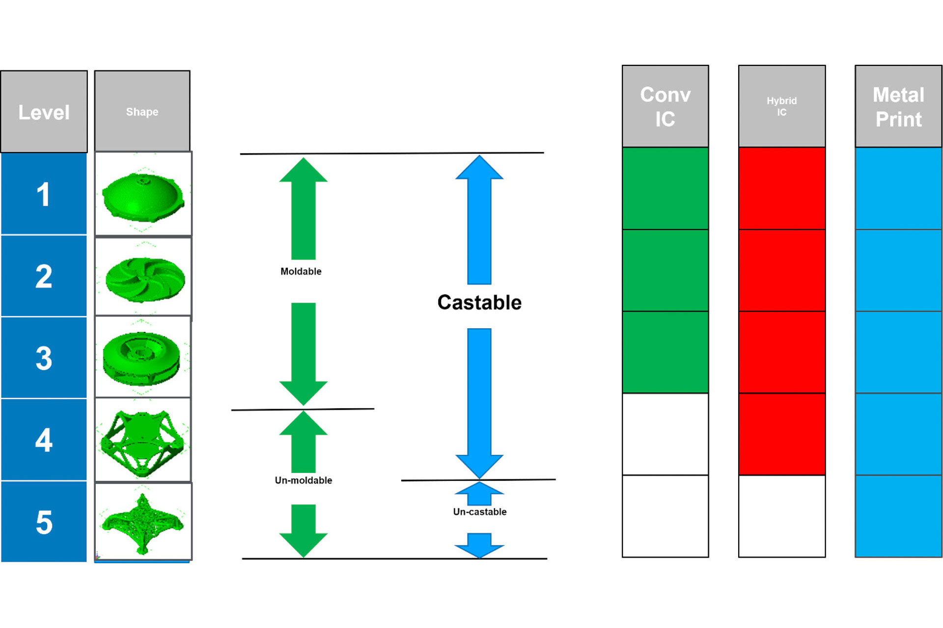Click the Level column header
coord(44,112)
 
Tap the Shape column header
coord(142,111)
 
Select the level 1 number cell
coord(44,194)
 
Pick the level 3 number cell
coord(44,358)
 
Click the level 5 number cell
coord(44,522)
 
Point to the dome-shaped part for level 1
coord(143,196)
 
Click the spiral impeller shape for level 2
coord(145,279)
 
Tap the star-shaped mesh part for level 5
coord(142,523)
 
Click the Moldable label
coord(301,271)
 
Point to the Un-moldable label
coord(303,480)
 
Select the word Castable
coord(479,302)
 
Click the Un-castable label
coord(479,512)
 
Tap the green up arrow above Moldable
coord(303,209)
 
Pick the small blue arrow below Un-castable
coord(479,545)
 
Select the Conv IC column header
coord(665,106)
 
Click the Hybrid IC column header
coord(781,106)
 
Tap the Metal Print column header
coord(898,106)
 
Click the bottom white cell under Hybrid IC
coord(781,516)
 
